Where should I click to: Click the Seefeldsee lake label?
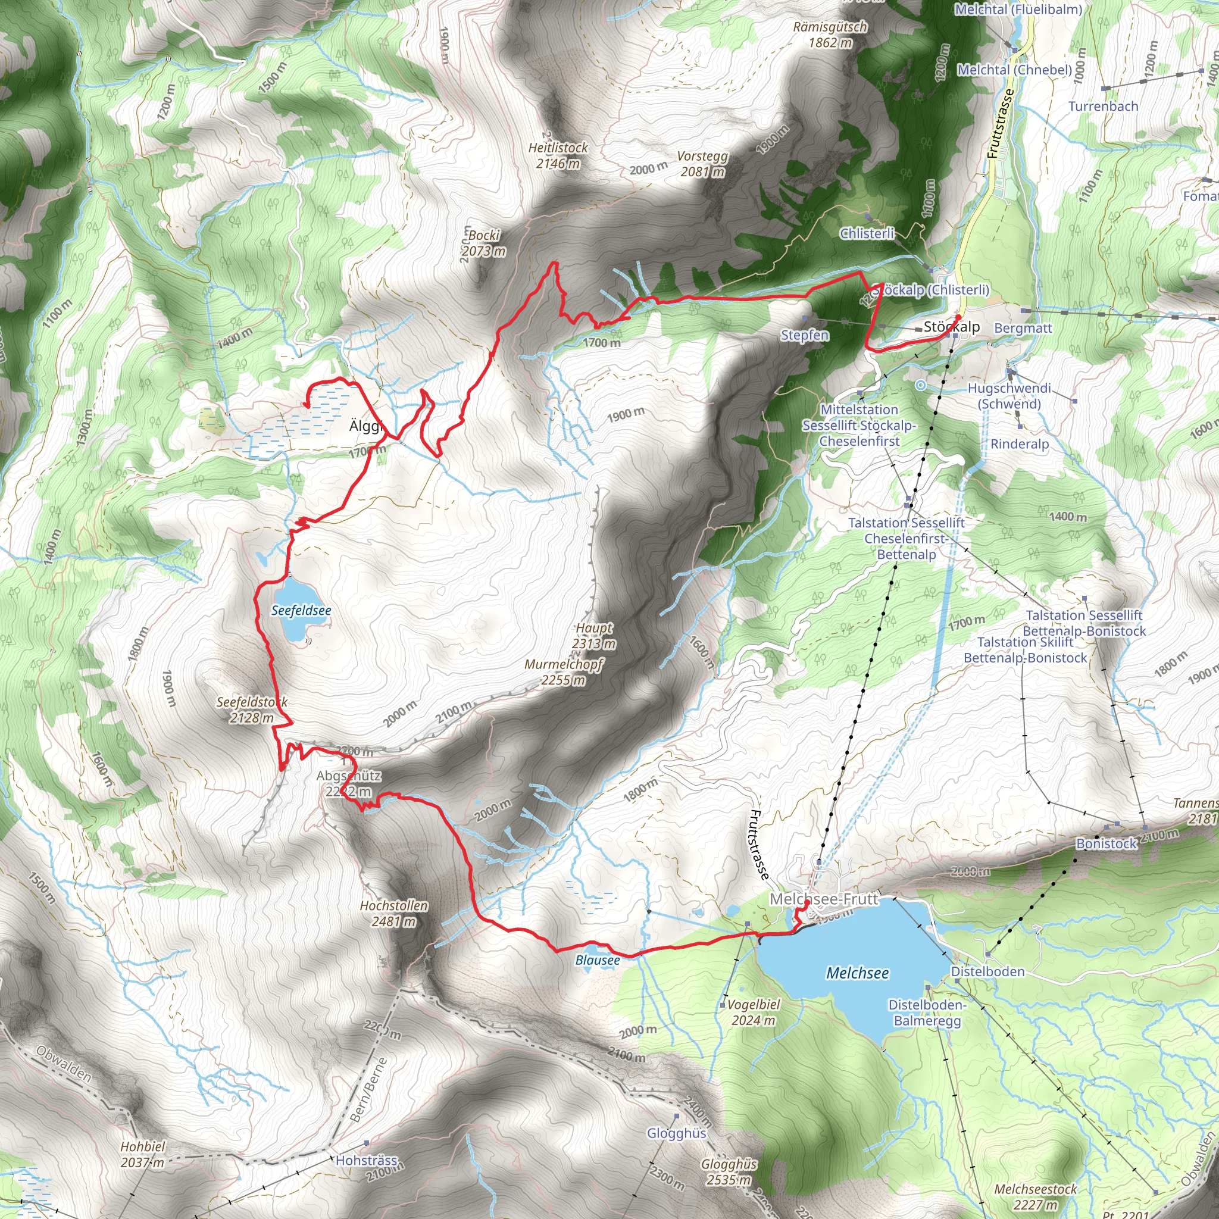pyautogui.click(x=301, y=611)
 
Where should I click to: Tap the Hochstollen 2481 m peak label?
pyautogui.click(x=393, y=914)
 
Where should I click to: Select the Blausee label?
pyautogui.click(x=598, y=960)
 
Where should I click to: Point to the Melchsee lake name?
pyautogui.click(x=858, y=973)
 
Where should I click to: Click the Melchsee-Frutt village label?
pyautogui.click(x=823, y=899)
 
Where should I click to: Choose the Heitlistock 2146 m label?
pyautogui.click(x=558, y=155)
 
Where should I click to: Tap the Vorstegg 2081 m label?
pyautogui.click(x=702, y=164)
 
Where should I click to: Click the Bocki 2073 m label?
pyautogui.click(x=484, y=243)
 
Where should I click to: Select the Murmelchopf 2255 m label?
pyautogui.click(x=564, y=672)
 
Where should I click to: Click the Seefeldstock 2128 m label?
pyautogui.click(x=252, y=709)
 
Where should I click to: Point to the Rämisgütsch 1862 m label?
pyautogui.click(x=830, y=35)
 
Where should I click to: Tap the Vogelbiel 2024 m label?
pyautogui.click(x=754, y=1012)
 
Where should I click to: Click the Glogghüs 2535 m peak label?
pyautogui.click(x=729, y=1171)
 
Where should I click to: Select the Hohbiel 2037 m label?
pyautogui.click(x=143, y=1154)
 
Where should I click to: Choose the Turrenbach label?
pyautogui.click(x=1103, y=106)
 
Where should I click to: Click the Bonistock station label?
pyautogui.click(x=1106, y=843)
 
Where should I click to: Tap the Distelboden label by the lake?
pyautogui.click(x=987, y=971)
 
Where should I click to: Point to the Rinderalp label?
pyautogui.click(x=1020, y=443)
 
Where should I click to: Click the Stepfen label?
pyautogui.click(x=805, y=335)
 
